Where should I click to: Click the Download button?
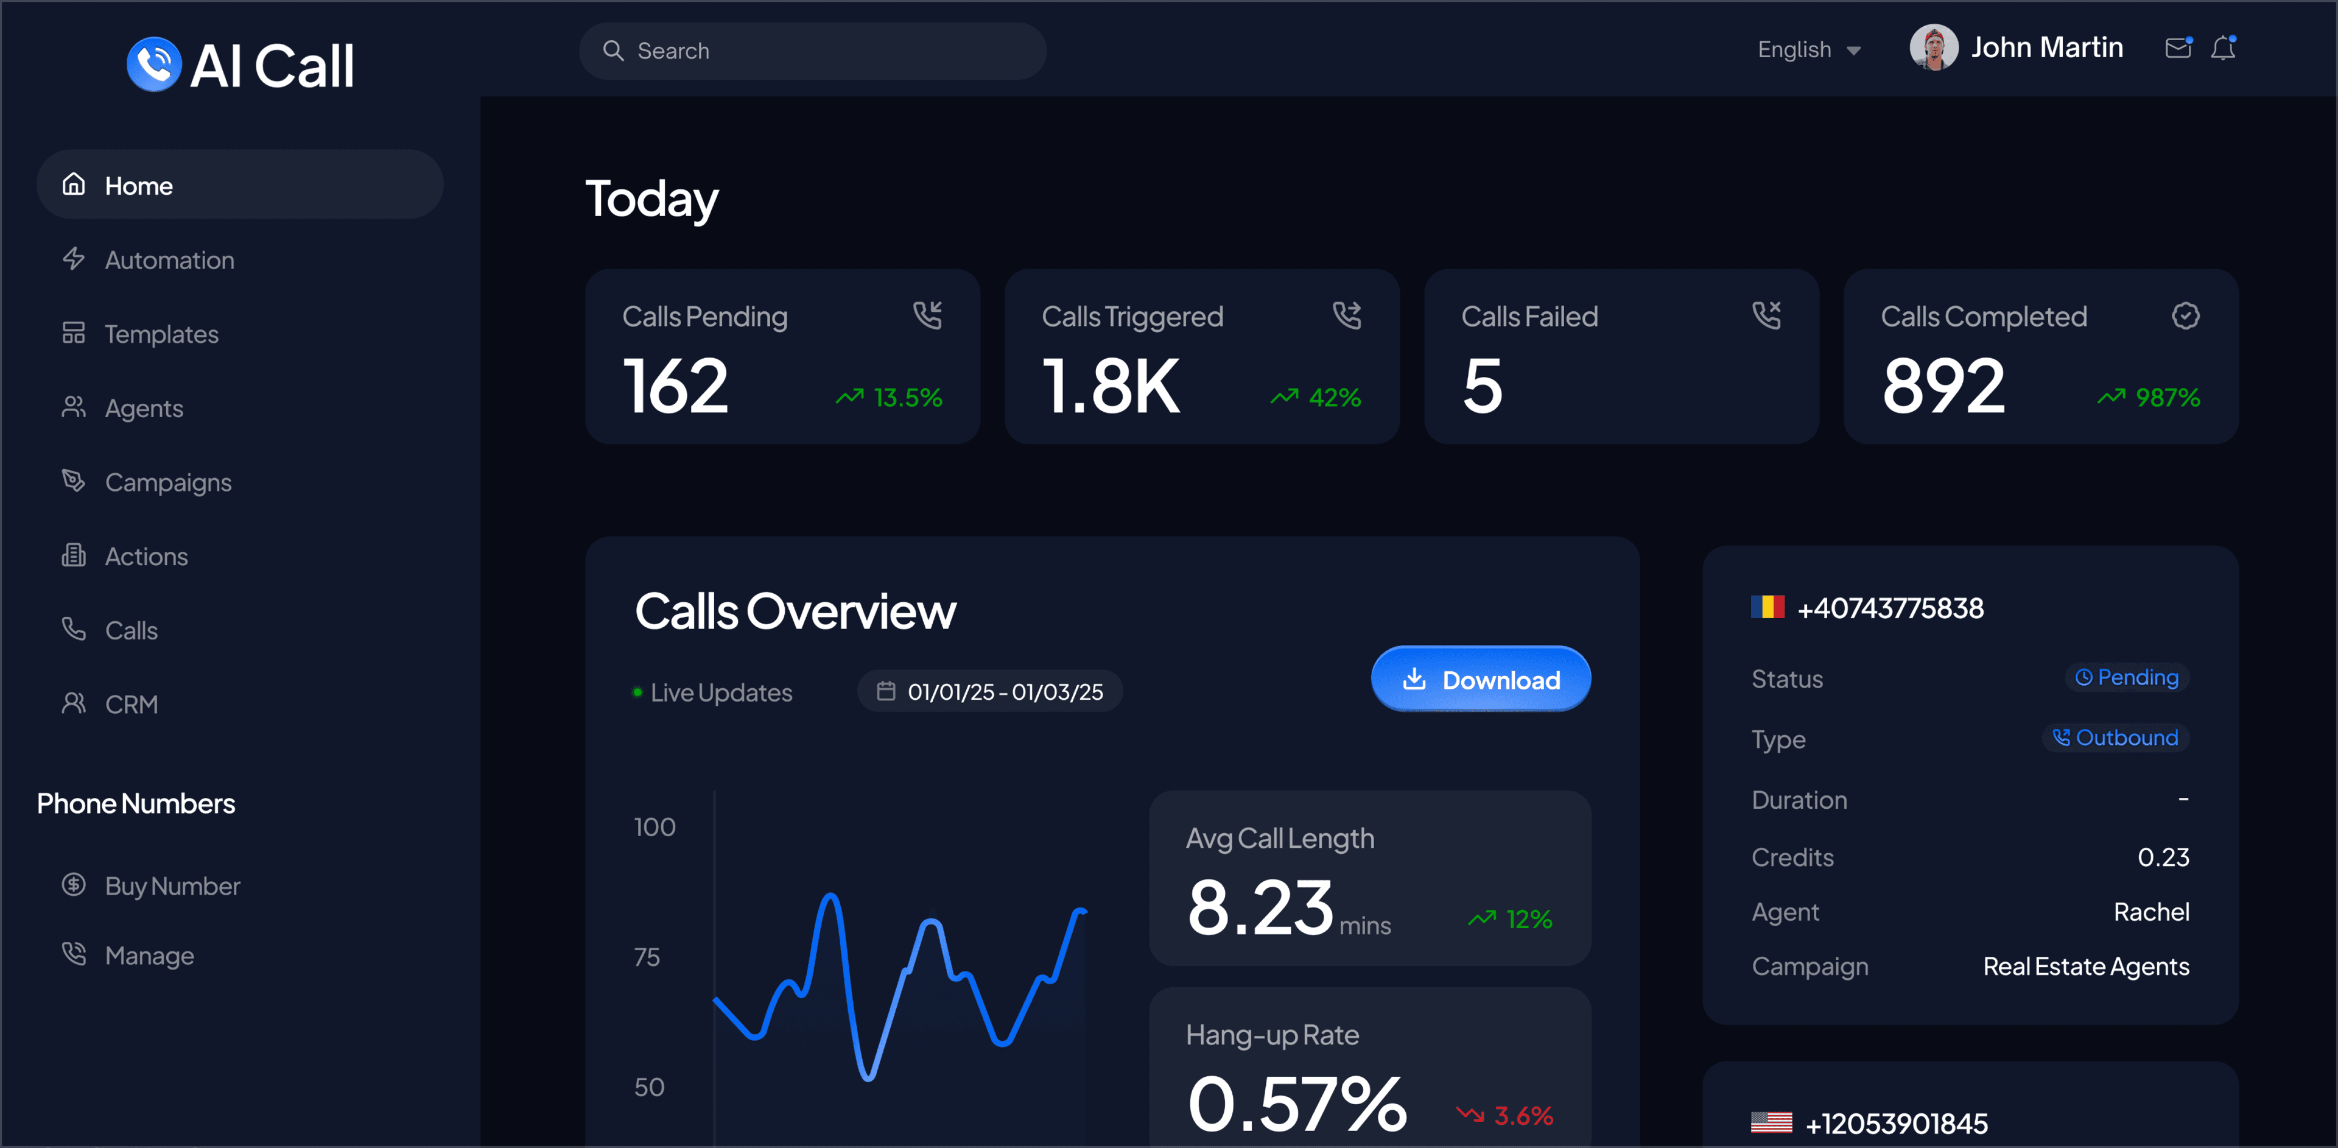(x=1480, y=679)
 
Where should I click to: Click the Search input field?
(x=812, y=51)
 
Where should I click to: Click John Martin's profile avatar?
(x=1933, y=47)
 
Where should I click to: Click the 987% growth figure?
(x=2168, y=398)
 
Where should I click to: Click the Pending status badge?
(x=2127, y=677)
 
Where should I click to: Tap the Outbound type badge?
(x=2116, y=738)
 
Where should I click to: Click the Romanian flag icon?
(x=1767, y=607)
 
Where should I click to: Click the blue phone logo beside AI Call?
(x=153, y=65)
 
